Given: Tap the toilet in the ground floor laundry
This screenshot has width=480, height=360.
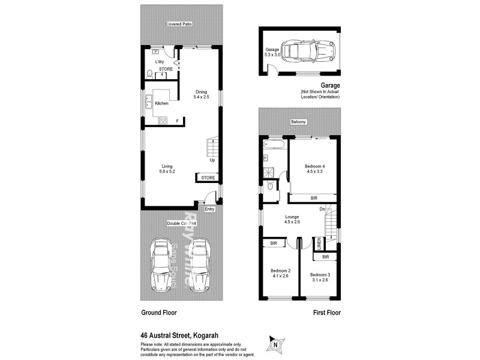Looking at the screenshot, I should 149,74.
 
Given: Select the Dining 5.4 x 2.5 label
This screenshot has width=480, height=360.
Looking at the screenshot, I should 200,94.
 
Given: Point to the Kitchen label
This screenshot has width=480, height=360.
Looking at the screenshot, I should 162,104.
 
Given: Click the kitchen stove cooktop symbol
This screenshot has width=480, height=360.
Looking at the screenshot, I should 162,121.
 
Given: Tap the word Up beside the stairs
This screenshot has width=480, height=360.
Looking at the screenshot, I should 212,160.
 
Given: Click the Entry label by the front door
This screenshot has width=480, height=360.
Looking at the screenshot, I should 209,209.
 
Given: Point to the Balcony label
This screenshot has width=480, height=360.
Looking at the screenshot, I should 299,122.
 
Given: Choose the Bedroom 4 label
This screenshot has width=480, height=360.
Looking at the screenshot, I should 314,169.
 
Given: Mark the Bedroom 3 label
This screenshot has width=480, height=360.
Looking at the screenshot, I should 321,277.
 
